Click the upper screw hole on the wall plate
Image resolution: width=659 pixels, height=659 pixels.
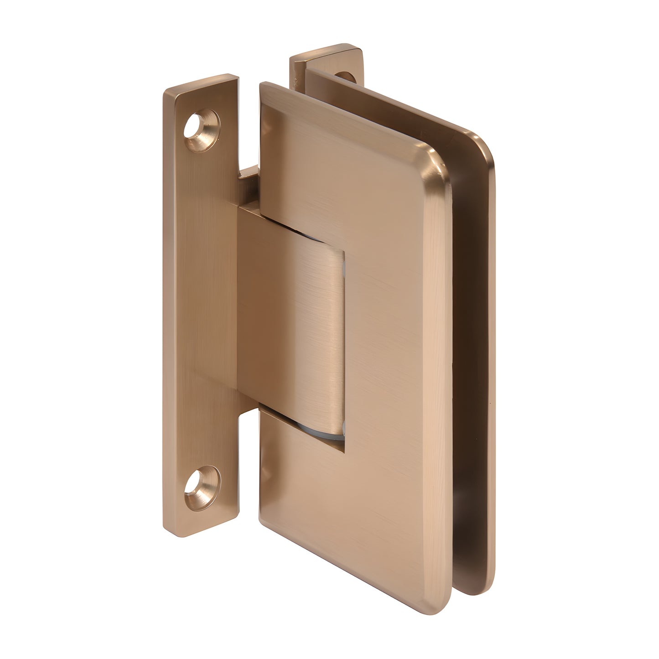(x=202, y=124)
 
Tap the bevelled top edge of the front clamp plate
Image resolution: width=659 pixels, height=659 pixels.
(x=347, y=119)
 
